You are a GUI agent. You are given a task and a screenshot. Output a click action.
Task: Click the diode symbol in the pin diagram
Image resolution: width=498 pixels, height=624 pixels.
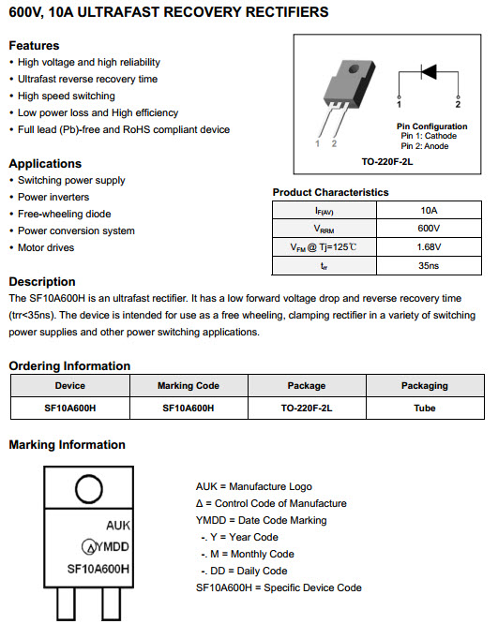429,72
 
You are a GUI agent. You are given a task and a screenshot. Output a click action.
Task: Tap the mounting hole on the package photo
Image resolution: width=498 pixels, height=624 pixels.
354,69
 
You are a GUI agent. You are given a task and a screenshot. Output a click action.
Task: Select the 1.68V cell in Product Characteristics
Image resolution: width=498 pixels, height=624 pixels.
429,247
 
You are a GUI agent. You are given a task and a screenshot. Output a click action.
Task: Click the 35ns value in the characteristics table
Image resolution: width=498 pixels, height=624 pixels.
429,265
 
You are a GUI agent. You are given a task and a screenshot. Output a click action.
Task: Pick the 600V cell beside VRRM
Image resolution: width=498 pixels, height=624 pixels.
429,229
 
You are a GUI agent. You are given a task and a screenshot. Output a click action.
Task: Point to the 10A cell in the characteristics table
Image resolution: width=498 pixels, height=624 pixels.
429,210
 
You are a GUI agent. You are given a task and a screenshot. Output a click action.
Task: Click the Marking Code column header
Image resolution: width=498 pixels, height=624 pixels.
189,386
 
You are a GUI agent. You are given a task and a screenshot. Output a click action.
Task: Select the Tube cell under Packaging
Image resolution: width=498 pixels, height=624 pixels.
425,408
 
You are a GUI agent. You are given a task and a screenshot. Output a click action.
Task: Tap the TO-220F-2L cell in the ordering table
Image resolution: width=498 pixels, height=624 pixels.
307,408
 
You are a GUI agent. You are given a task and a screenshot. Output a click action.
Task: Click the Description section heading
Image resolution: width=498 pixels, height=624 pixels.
42,282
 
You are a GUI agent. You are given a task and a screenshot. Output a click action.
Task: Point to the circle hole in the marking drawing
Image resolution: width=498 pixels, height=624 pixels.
89,489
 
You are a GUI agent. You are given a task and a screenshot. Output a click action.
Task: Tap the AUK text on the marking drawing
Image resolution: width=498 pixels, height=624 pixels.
118,526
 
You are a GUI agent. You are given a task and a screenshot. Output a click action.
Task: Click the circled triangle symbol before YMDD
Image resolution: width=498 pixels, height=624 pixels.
89,547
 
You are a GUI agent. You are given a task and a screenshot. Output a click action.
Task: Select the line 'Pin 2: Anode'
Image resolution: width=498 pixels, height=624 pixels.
425,146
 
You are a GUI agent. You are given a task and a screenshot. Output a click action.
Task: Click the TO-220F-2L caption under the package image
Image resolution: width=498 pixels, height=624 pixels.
386,161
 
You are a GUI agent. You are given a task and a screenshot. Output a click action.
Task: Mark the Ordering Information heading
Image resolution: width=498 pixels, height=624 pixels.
69,366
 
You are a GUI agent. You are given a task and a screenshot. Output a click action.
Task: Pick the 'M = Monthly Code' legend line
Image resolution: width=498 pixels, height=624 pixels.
248,554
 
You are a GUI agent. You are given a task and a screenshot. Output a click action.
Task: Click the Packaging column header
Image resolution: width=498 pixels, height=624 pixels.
425,386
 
